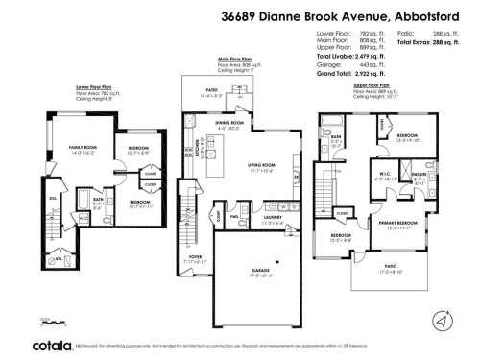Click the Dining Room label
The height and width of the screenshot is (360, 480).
click(x=228, y=124)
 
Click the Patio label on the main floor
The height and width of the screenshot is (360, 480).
click(x=211, y=94)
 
